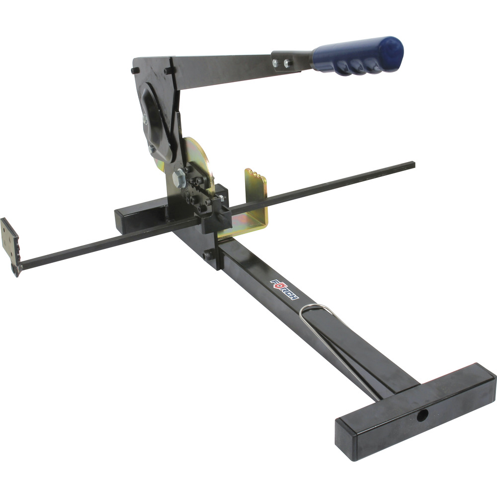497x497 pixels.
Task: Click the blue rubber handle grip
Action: pos(358,57)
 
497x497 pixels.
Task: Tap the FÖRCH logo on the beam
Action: pos(285,290)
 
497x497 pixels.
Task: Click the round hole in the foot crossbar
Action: pos(422,415)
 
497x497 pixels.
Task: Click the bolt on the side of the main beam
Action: pos(208,255)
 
